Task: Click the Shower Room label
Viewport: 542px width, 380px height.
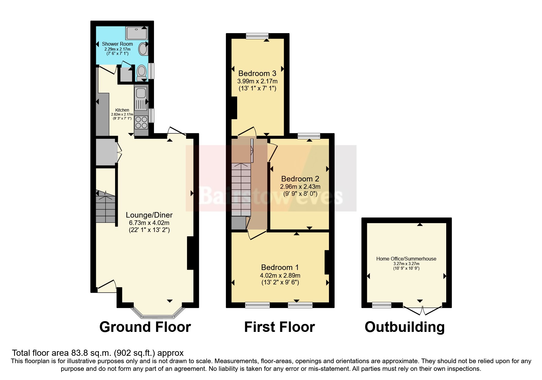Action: click(117, 44)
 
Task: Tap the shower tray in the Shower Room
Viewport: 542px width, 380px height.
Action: click(136, 33)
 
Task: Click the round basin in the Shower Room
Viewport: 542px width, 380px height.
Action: click(143, 49)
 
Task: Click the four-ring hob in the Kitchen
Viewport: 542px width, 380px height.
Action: click(141, 122)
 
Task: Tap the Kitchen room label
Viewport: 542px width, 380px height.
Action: click(122, 110)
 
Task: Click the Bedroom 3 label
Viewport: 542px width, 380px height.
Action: click(257, 73)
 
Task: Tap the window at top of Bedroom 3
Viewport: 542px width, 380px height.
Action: click(257, 36)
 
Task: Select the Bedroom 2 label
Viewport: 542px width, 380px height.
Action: click(300, 179)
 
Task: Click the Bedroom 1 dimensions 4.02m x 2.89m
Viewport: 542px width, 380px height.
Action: click(280, 275)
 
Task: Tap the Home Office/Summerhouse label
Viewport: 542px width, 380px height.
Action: click(406, 259)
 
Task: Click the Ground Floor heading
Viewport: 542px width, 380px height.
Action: click(145, 327)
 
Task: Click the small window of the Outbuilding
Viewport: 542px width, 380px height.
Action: click(381, 305)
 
